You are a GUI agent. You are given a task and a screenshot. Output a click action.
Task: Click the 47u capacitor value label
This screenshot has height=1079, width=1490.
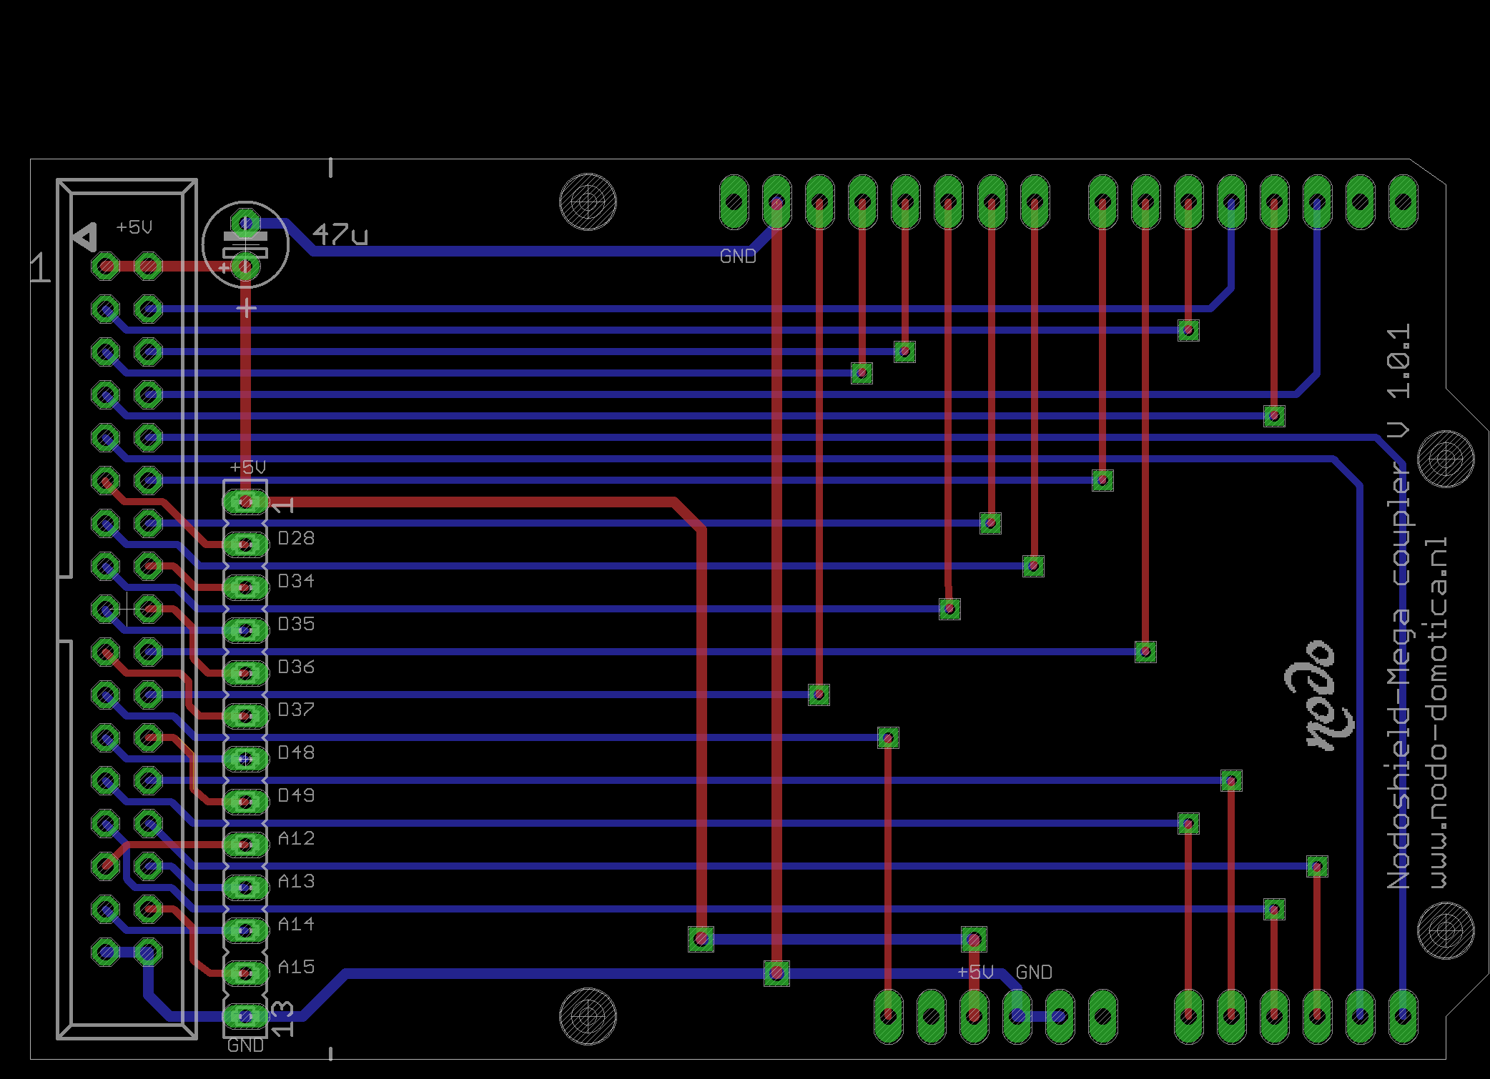340,234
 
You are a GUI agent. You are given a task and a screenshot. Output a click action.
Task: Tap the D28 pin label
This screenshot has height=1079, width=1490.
296,538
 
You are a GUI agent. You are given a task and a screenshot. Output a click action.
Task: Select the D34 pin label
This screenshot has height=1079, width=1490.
296,581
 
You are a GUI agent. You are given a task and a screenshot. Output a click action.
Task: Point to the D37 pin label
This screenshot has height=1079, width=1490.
296,710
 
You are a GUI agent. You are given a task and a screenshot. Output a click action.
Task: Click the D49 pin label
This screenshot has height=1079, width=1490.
296,795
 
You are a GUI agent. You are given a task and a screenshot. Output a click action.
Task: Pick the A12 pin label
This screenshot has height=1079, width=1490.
296,838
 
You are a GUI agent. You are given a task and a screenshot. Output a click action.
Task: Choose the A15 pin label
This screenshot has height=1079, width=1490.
296,967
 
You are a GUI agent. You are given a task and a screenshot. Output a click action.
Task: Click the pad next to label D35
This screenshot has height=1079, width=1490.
245,630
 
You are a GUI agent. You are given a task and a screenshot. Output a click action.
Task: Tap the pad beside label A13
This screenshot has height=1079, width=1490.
245,887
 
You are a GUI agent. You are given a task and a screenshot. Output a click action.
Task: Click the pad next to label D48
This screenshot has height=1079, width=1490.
245,759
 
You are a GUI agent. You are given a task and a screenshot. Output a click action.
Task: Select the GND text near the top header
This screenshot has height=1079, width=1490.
738,257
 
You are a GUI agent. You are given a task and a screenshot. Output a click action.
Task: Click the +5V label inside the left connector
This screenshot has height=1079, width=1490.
134,227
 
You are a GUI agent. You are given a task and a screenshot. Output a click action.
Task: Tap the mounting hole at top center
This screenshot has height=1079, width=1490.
588,202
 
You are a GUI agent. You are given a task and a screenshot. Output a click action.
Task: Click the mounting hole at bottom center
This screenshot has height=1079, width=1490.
588,1015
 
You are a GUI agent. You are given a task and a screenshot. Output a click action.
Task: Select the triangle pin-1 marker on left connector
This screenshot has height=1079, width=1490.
86,237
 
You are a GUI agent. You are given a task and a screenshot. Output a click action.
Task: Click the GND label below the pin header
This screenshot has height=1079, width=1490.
245,1046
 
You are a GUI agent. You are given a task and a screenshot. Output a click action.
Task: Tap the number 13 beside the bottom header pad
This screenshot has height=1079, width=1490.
283,1018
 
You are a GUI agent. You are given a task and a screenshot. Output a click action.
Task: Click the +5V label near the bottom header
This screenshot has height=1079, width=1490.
976,973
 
